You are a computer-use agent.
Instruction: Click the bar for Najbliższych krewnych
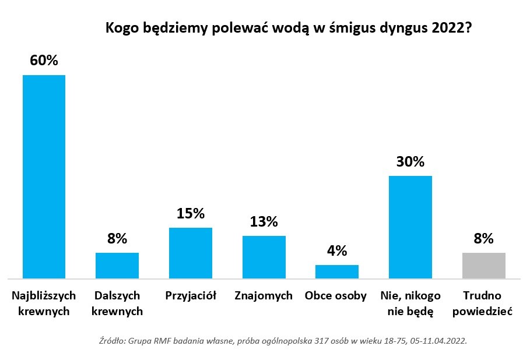click(x=44, y=177)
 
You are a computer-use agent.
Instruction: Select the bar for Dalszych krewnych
click(x=117, y=266)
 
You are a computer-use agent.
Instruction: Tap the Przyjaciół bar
click(x=191, y=253)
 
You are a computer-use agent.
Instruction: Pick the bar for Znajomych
click(x=264, y=257)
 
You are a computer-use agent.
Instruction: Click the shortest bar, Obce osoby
click(x=337, y=271)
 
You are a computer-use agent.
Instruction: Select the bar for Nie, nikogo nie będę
click(x=410, y=227)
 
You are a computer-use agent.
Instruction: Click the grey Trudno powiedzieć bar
click(x=484, y=266)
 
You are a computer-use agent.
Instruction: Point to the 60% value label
click(x=44, y=61)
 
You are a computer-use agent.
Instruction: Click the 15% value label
click(x=191, y=213)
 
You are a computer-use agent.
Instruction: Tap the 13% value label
click(x=264, y=221)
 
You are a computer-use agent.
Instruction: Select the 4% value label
click(x=337, y=250)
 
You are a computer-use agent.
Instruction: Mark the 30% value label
click(x=410, y=161)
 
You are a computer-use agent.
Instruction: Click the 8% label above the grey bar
click(x=484, y=238)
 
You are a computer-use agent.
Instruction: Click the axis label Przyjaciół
click(x=191, y=296)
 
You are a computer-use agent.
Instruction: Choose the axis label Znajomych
click(x=264, y=296)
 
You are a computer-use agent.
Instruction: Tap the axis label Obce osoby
click(x=336, y=296)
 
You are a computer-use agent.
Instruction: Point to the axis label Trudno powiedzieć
click(x=483, y=303)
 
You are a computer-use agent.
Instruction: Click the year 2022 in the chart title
click(x=452, y=28)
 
